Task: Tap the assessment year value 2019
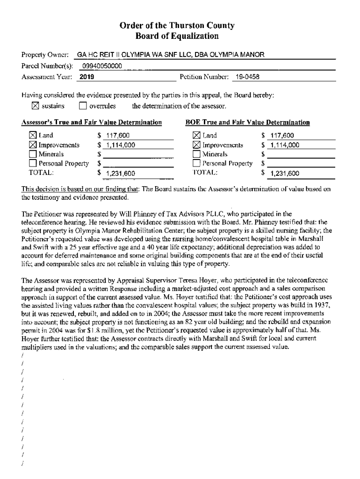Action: [x=87, y=76]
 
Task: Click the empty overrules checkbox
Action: [x=83, y=106]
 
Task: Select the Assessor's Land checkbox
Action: [x=33, y=136]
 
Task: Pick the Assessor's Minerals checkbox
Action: [x=33, y=154]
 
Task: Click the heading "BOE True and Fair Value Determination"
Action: [x=247, y=123]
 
